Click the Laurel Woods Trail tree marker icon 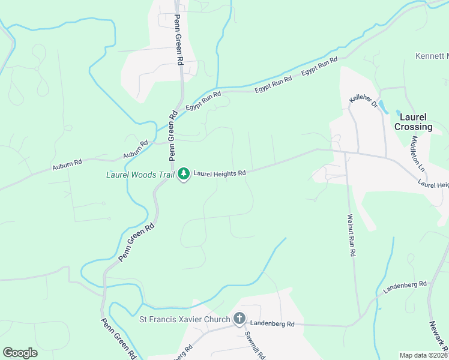(x=184, y=174)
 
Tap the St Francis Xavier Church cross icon (x=239, y=319)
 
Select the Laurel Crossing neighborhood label (x=413, y=122)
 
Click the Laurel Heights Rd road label (x=220, y=173)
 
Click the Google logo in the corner (x=20, y=352)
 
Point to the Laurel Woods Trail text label (x=140, y=175)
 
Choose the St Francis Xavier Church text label (x=185, y=319)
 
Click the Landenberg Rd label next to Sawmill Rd (x=273, y=324)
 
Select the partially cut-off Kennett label (x=432, y=56)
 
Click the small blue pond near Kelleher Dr (x=397, y=111)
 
